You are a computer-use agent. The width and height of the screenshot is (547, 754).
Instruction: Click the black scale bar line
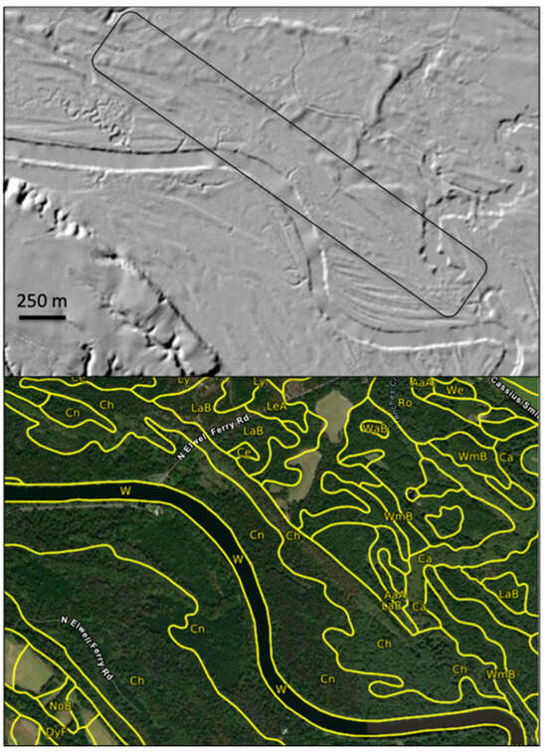(42, 318)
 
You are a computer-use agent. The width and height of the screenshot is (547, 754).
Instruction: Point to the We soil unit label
(456, 391)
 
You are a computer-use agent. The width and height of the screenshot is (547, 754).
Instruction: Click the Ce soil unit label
(244, 451)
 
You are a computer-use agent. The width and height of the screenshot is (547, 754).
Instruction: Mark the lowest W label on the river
(281, 687)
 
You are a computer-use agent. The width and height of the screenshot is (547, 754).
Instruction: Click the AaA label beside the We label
(422, 382)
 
